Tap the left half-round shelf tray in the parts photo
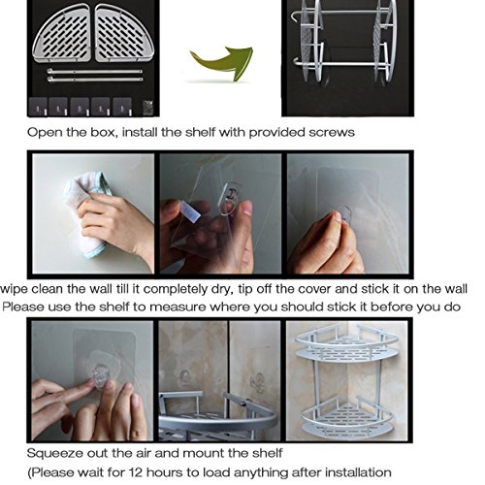pos(62,34)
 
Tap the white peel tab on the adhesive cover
pos(189,210)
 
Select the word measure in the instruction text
pos(178,307)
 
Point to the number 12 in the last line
pos(137,472)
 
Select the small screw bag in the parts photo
pos(147,107)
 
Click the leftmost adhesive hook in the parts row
pos(38,107)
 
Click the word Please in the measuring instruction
pos(22,307)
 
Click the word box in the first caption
pos(103,133)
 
